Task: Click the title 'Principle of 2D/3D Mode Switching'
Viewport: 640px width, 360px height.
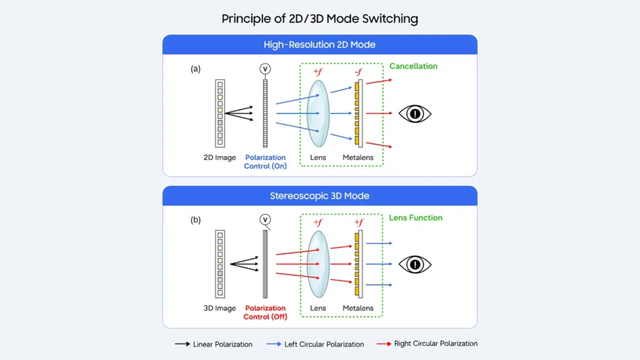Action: [319, 19]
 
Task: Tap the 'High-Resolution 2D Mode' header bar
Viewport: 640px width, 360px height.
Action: [319, 45]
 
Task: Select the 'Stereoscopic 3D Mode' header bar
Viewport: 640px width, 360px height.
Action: [319, 196]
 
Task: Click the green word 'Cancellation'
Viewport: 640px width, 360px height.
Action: [413, 66]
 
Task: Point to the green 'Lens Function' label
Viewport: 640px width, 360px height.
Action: [416, 218]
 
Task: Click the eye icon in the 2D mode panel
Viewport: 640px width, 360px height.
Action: [416, 114]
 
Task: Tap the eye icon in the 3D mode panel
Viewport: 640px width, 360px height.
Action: [416, 264]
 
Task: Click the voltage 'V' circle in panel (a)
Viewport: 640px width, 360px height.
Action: [266, 68]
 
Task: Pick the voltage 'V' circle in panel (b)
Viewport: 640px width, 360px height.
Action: [266, 219]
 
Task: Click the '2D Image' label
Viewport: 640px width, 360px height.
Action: [220, 158]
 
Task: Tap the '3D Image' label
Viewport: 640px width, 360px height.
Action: [220, 309]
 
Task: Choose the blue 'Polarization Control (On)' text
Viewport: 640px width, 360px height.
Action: [265, 162]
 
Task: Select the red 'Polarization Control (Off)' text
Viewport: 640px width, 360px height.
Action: [265, 312]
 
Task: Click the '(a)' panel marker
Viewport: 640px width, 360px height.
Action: [196, 69]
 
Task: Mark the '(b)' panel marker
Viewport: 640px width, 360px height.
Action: [196, 220]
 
